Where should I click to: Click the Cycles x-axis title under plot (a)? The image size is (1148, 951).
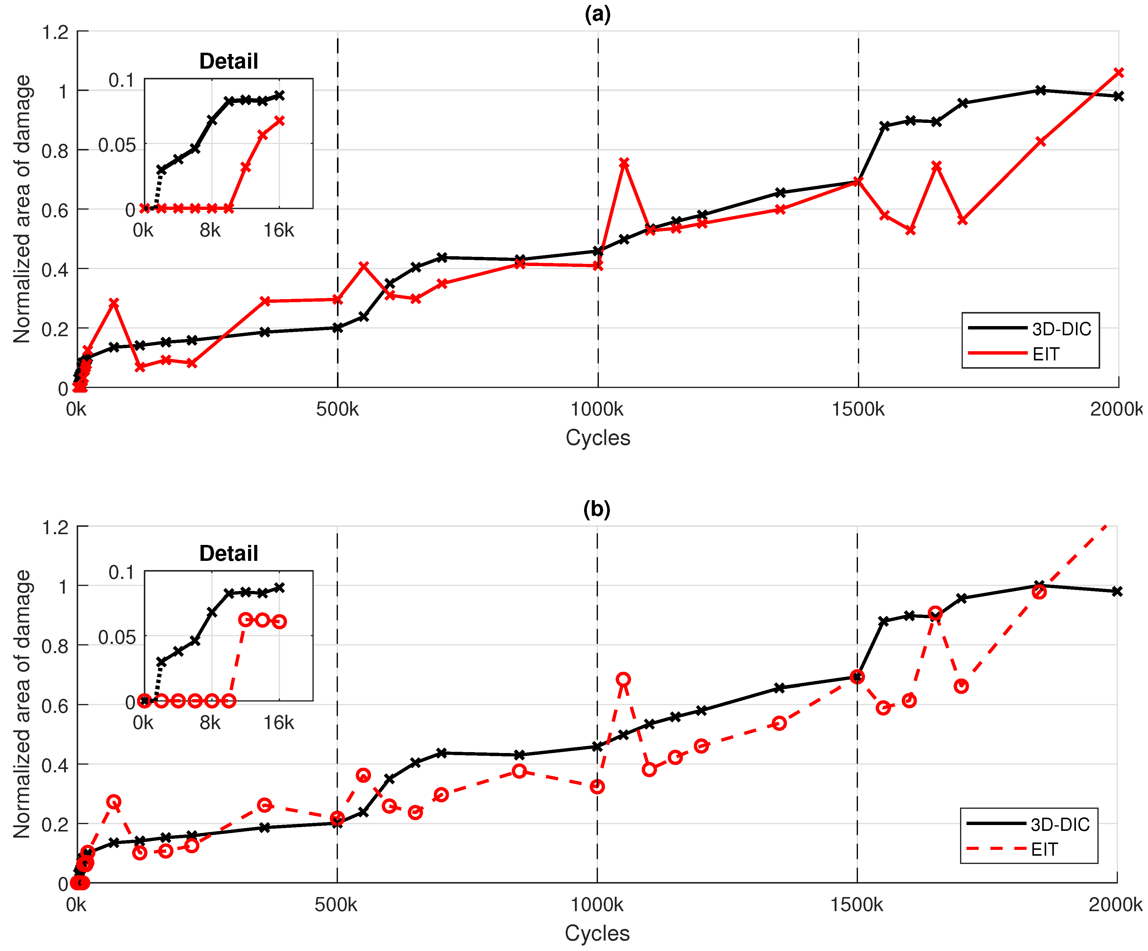(x=598, y=438)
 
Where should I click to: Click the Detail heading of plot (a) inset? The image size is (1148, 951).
(x=228, y=61)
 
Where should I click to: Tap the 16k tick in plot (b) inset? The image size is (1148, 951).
(x=279, y=723)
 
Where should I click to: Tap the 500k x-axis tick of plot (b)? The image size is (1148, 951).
(x=336, y=904)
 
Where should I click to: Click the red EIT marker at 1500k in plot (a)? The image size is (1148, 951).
(x=858, y=181)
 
